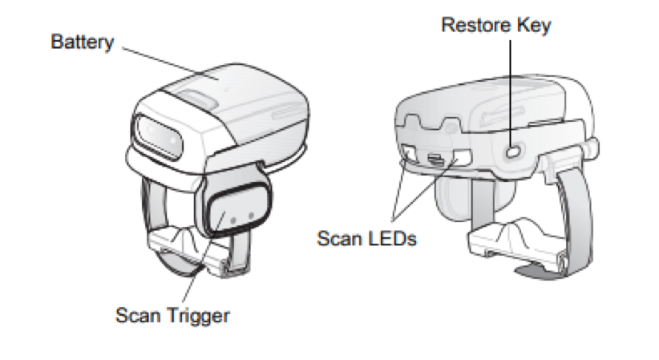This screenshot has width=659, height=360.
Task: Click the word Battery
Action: [83, 42]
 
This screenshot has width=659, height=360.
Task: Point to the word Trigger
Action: [198, 316]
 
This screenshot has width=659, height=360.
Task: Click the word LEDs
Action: [392, 238]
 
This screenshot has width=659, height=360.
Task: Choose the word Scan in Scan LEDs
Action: [339, 238]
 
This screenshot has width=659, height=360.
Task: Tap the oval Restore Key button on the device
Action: [513, 151]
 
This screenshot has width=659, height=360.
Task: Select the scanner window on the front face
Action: [159, 136]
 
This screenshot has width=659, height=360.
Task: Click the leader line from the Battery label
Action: [170, 63]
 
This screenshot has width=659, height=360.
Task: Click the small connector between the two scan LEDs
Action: [436, 159]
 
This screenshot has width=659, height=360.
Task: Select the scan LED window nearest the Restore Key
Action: [462, 157]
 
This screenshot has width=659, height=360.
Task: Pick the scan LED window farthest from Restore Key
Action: [409, 154]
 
